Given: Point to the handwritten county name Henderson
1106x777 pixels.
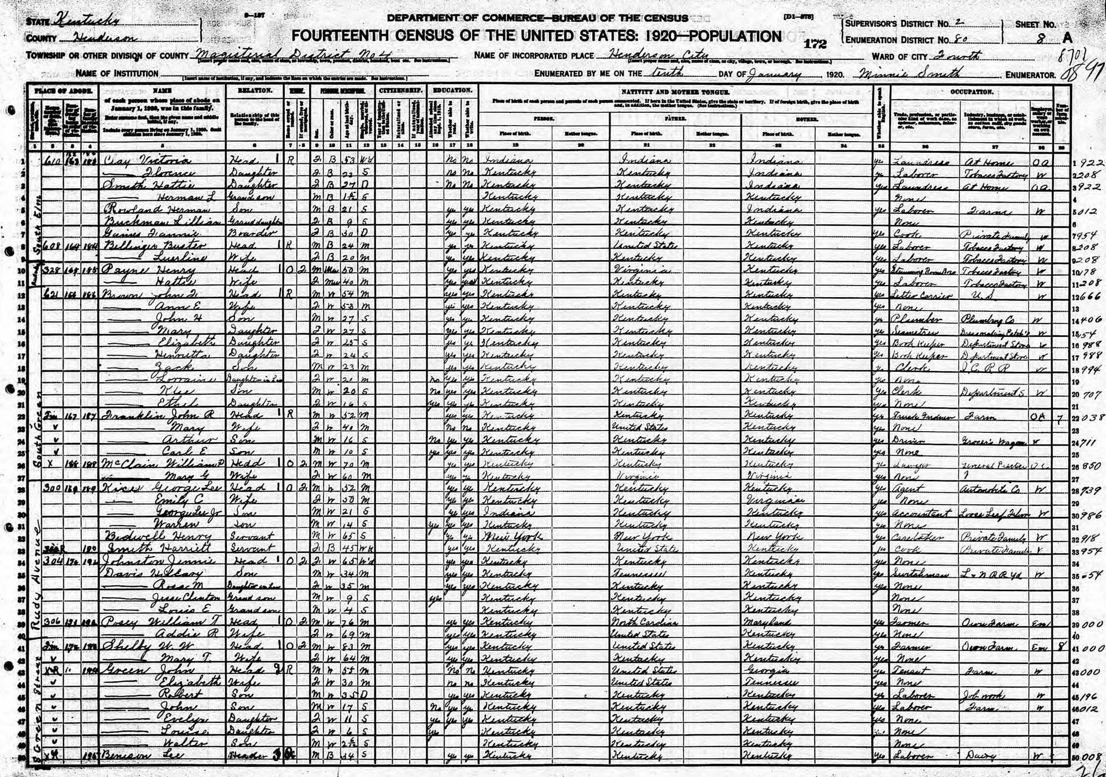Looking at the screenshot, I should pos(100,38).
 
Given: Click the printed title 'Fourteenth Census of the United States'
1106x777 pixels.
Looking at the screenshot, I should pos(473,37).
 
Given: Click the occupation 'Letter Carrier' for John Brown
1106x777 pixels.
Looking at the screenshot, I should pos(919,294).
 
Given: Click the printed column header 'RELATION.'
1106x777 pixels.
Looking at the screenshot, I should pos(255,90).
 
